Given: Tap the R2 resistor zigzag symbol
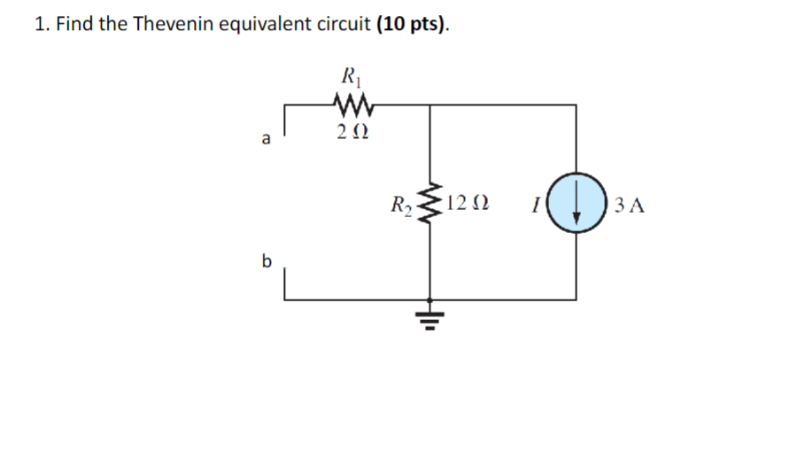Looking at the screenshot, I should [x=430, y=206].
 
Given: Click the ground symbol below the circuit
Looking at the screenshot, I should [x=430, y=317].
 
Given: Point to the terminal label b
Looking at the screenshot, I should [x=265, y=261].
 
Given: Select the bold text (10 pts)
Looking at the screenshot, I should [x=412, y=24].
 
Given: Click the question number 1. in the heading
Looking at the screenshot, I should [x=42, y=24].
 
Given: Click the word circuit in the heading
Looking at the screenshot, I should [x=344, y=24].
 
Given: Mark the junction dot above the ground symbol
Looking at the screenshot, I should [x=430, y=300].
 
